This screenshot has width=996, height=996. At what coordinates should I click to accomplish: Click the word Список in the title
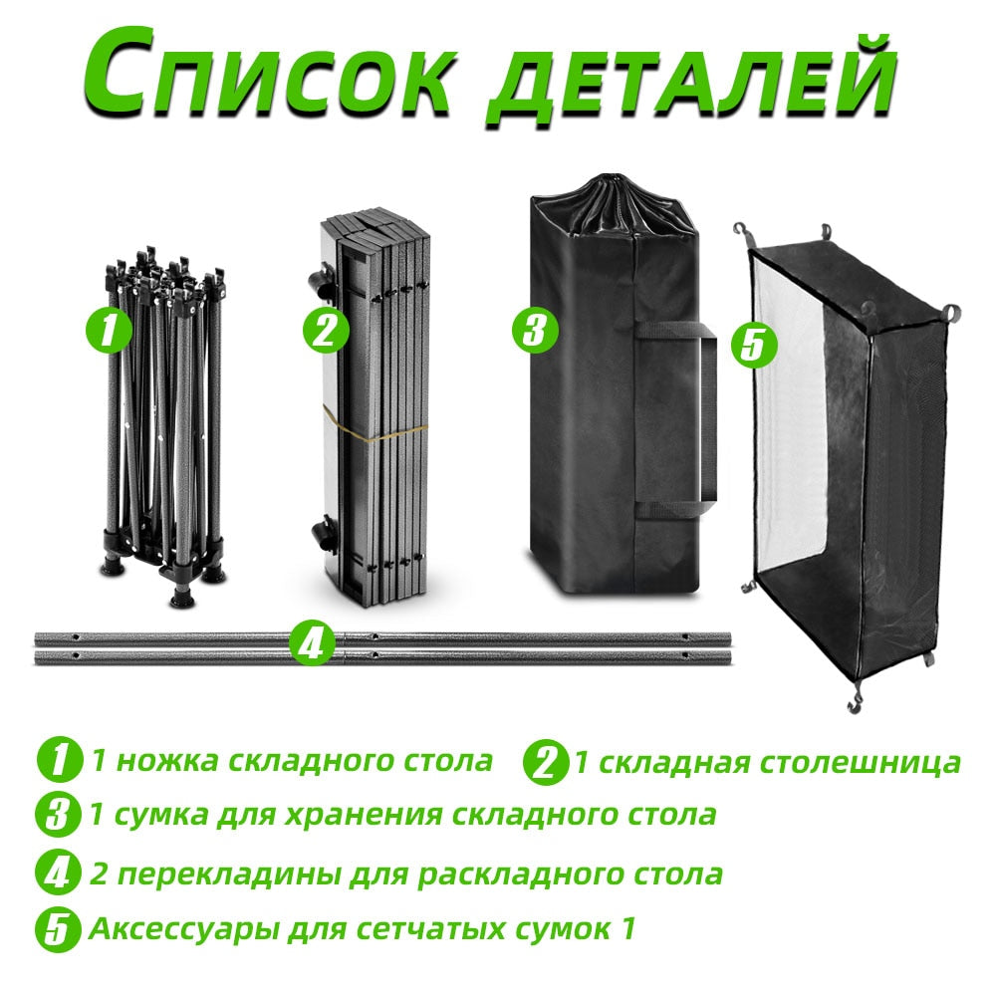pyautogui.click(x=269, y=77)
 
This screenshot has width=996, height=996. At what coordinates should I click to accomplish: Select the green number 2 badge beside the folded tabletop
pyautogui.click(x=326, y=331)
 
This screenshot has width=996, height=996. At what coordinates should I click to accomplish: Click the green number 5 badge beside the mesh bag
pyautogui.click(x=753, y=346)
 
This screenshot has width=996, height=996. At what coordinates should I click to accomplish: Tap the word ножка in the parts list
pyautogui.click(x=167, y=760)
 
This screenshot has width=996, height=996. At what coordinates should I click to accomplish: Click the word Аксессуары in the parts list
pyautogui.click(x=184, y=930)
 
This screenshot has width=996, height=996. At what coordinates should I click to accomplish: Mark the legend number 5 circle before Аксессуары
pyautogui.click(x=59, y=930)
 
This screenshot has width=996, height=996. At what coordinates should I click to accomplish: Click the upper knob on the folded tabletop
pyautogui.click(x=320, y=283)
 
